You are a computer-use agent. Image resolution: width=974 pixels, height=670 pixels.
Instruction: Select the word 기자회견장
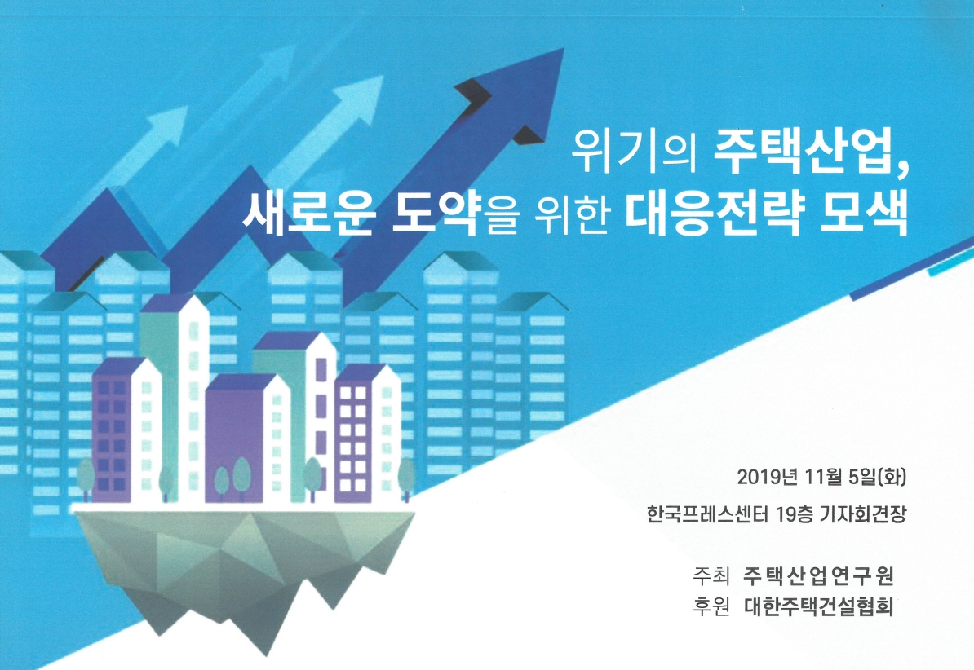click(863, 514)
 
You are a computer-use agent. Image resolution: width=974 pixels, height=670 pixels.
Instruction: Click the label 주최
click(711, 575)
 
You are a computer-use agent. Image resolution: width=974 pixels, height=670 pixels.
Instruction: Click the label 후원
click(711, 606)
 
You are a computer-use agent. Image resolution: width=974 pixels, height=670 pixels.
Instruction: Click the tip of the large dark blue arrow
click(564, 49)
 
